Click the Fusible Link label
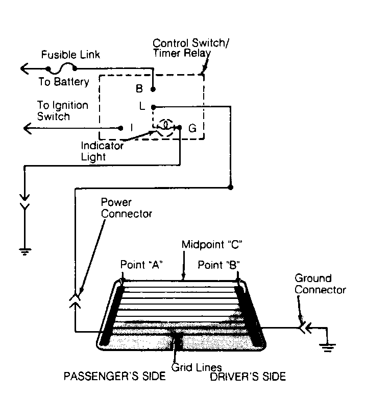click(x=70, y=55)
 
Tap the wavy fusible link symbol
click(x=61, y=68)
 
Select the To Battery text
click(x=63, y=82)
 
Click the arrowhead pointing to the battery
click(x=25, y=68)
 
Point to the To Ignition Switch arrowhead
click(x=28, y=128)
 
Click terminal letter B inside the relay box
click(x=139, y=89)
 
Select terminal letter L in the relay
click(x=142, y=106)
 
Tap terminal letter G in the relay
click(x=192, y=128)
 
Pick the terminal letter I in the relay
click(x=132, y=128)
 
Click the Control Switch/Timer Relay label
click(x=190, y=48)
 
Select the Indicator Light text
click(x=102, y=151)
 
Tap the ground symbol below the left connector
click(x=25, y=251)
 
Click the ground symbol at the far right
click(x=328, y=347)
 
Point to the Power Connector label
click(x=127, y=208)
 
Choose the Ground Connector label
click(x=320, y=284)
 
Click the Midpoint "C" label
click(x=212, y=245)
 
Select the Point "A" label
click(x=141, y=265)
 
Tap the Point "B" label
click(x=218, y=265)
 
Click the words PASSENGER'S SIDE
click(x=114, y=376)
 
